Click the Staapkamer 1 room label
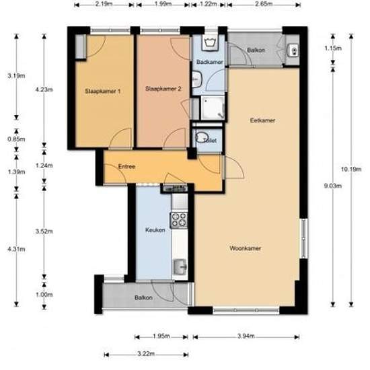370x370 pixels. coord(103,91)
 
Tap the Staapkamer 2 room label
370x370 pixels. coord(163,89)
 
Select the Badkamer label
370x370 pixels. coord(209,62)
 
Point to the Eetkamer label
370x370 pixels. coord(262,120)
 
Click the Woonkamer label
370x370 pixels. coord(246,248)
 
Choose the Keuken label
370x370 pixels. coord(155,230)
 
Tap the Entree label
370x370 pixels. coord(126,167)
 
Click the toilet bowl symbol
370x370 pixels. coord(202,137)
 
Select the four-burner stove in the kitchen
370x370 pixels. coord(179,221)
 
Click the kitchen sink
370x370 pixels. coord(180,267)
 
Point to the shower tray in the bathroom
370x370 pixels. coord(213,108)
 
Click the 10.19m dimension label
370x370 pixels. coord(351,169)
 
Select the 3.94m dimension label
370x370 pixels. coord(246,336)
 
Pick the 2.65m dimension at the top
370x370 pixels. coord(264,4)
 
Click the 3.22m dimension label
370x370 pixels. coord(146,354)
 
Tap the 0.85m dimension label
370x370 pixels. coord(16,139)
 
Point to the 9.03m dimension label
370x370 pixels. coord(333,186)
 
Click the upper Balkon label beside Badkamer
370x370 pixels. coord(256,50)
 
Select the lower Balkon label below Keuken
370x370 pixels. coord(143,298)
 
